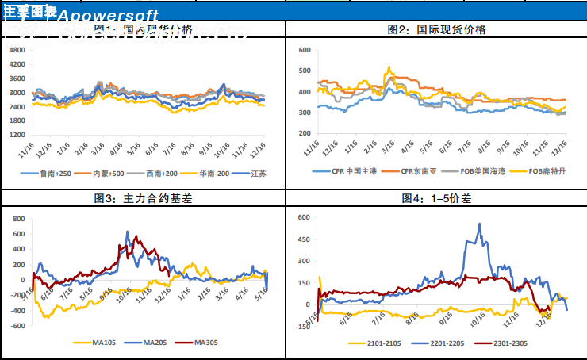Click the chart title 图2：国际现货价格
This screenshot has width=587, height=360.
click(x=436, y=29)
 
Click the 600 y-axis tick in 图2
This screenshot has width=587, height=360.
click(x=303, y=50)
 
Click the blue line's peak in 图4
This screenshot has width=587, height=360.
click(x=479, y=224)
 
